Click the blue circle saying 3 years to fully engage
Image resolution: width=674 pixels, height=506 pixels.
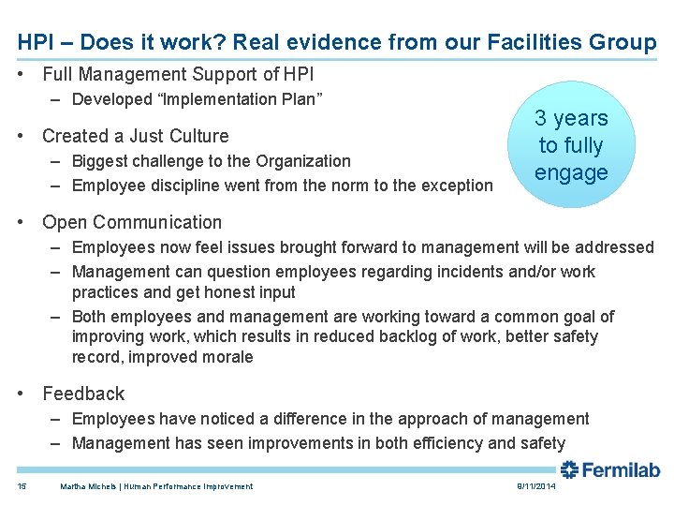pos(571,145)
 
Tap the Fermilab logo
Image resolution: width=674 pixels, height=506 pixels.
pos(610,469)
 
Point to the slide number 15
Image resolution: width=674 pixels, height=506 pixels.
pos(22,486)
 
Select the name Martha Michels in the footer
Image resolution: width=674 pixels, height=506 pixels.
pos(88,486)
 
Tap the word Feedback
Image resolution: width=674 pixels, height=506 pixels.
pos(83,394)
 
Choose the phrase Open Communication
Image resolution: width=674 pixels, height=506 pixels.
pos(132,222)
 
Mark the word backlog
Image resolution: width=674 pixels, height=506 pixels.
pos(391,336)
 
